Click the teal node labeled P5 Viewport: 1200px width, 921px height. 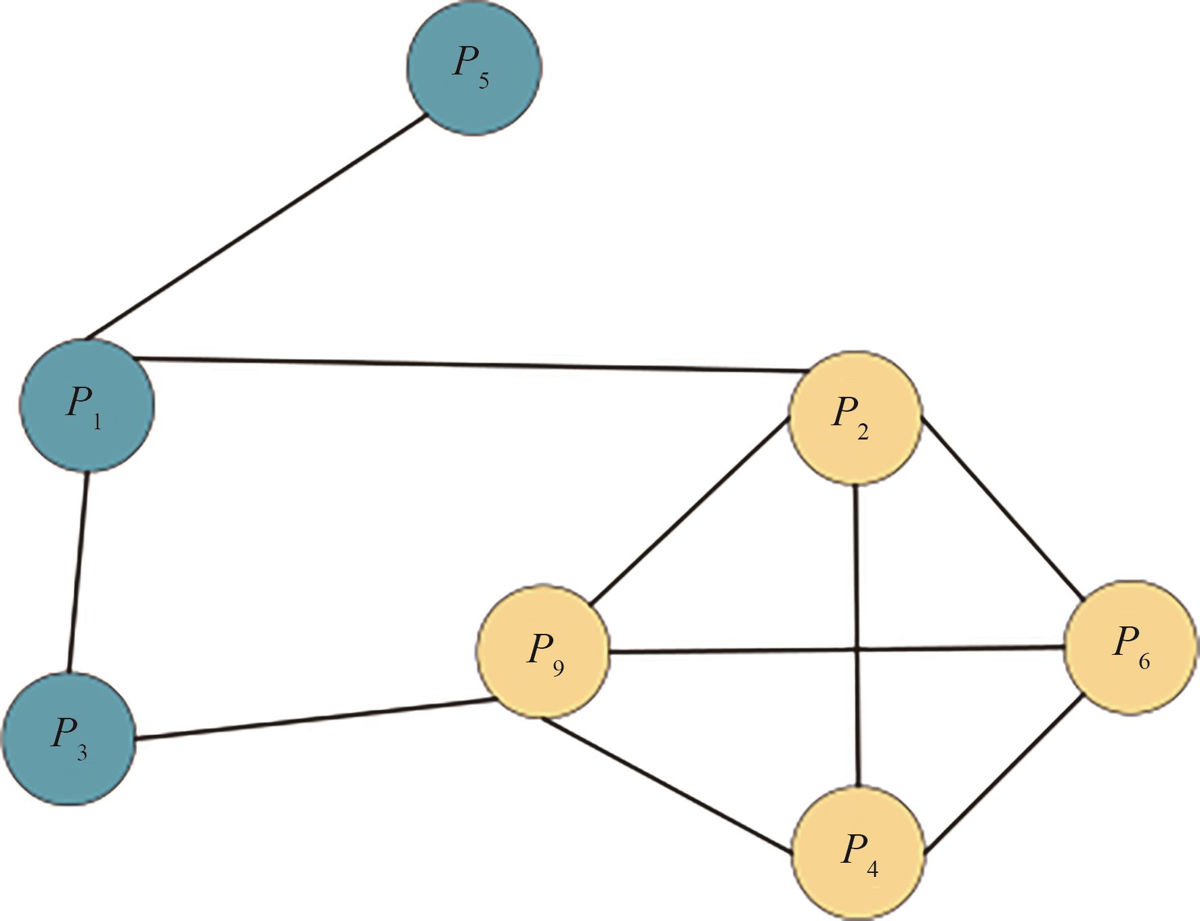[474, 68]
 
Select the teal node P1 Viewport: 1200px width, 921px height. [87, 405]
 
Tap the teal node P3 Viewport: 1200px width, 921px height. [69, 738]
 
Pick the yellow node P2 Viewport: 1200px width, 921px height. [856, 417]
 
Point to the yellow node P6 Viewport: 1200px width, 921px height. [1130, 646]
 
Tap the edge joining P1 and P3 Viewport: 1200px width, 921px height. [78, 572]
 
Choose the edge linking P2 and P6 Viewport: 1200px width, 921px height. [1004, 509]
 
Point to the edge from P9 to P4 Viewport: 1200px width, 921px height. [666, 784]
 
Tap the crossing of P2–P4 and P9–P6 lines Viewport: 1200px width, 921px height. [857, 649]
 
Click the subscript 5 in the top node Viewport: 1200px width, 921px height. [484, 81]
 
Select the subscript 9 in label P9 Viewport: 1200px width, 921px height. [558, 669]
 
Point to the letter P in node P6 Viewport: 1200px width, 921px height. [1124, 640]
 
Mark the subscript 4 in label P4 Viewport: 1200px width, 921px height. [872, 868]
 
